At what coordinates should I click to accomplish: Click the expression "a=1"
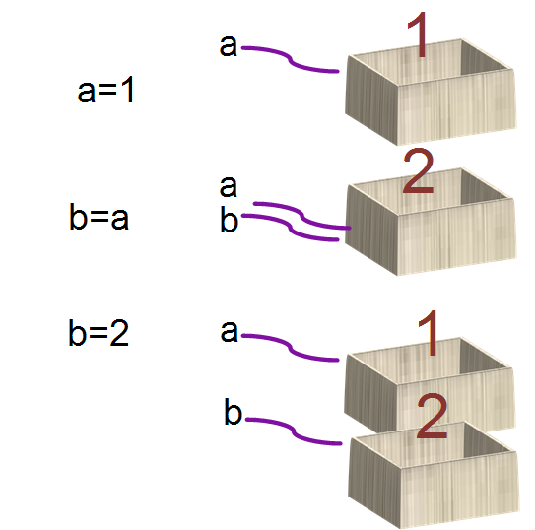click(105, 90)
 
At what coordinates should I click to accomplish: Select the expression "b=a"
click(99, 217)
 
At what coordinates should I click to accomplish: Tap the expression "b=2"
click(99, 333)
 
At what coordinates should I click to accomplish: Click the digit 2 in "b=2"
click(119, 333)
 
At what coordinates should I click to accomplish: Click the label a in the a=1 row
click(229, 45)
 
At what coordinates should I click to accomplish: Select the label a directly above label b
click(229, 187)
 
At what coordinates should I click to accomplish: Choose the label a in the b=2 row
click(229, 332)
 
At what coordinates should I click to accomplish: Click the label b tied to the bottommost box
click(234, 411)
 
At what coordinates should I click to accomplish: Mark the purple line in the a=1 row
click(291, 60)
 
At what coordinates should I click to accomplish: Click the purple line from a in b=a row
click(302, 215)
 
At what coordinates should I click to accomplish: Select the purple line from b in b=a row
click(291, 228)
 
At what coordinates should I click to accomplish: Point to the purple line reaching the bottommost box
click(294, 431)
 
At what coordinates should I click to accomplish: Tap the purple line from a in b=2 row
click(291, 348)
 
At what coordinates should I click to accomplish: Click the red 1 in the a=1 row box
click(420, 34)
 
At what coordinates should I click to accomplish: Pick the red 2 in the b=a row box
click(418, 170)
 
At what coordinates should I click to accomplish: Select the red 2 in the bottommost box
click(432, 416)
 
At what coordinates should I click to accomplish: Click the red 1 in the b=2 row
click(430, 333)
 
